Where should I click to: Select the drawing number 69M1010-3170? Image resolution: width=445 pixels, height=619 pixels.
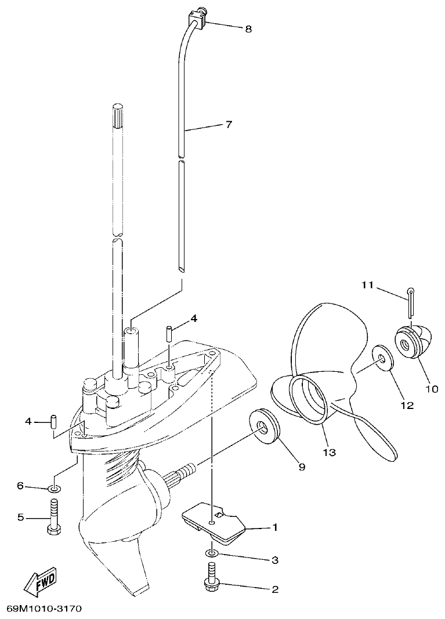tap(44, 609)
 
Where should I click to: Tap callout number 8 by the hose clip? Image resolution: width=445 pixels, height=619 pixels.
tap(248, 29)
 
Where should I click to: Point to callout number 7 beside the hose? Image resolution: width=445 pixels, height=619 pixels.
tap(229, 125)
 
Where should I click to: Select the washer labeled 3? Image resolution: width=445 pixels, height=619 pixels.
tap(212, 555)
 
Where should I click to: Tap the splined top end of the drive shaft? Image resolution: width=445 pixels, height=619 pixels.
tap(117, 116)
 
